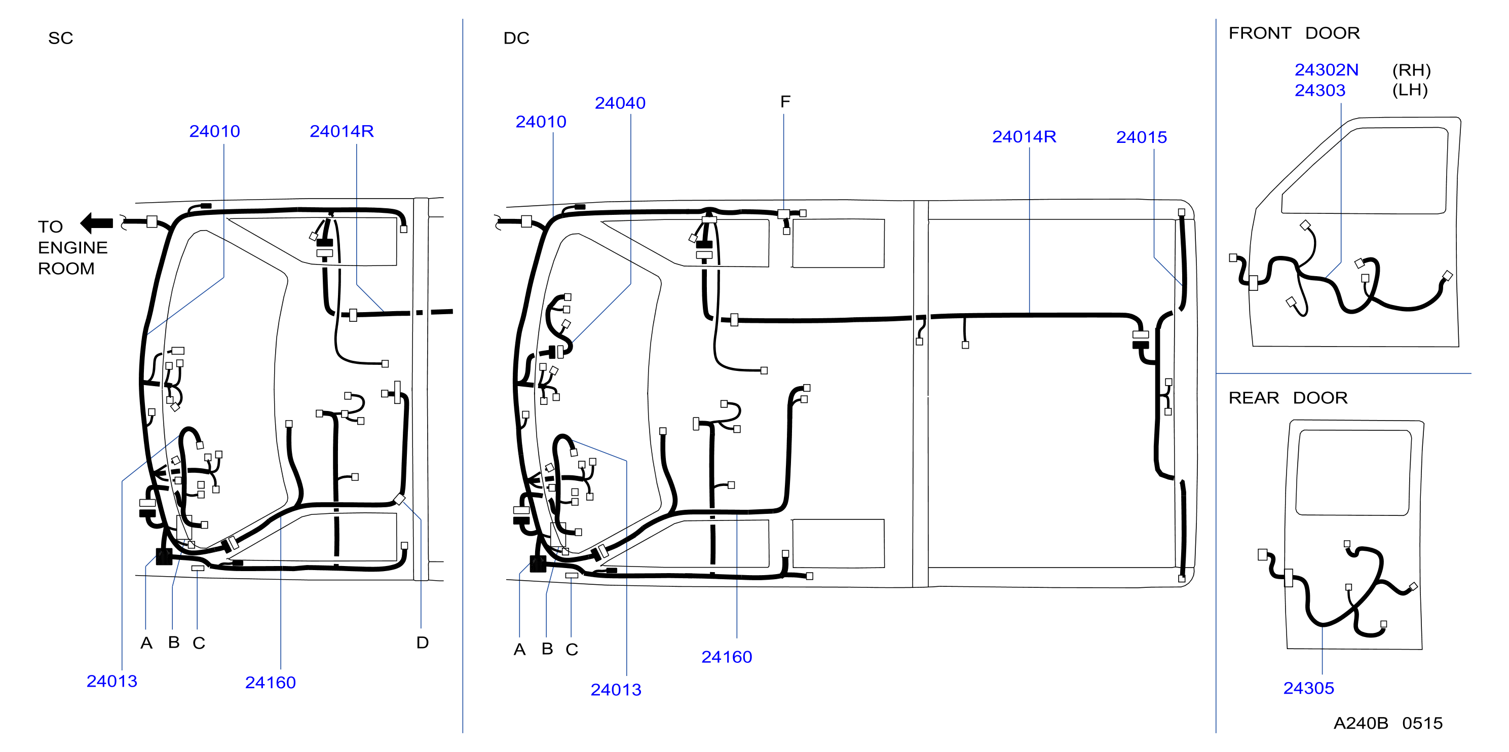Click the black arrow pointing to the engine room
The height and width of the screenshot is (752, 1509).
(x=97, y=223)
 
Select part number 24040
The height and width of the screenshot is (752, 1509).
(x=620, y=103)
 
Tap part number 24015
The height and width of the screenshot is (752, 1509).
(x=1141, y=137)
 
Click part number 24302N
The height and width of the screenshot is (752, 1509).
(x=1326, y=70)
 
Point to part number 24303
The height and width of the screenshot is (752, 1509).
(x=1320, y=90)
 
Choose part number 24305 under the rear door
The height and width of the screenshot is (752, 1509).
(x=1309, y=688)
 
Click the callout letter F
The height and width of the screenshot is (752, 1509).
(x=785, y=102)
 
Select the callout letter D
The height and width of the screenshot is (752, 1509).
(x=423, y=643)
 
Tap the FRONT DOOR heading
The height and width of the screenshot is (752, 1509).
(x=1294, y=33)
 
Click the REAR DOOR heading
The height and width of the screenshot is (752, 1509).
(x=1288, y=398)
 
